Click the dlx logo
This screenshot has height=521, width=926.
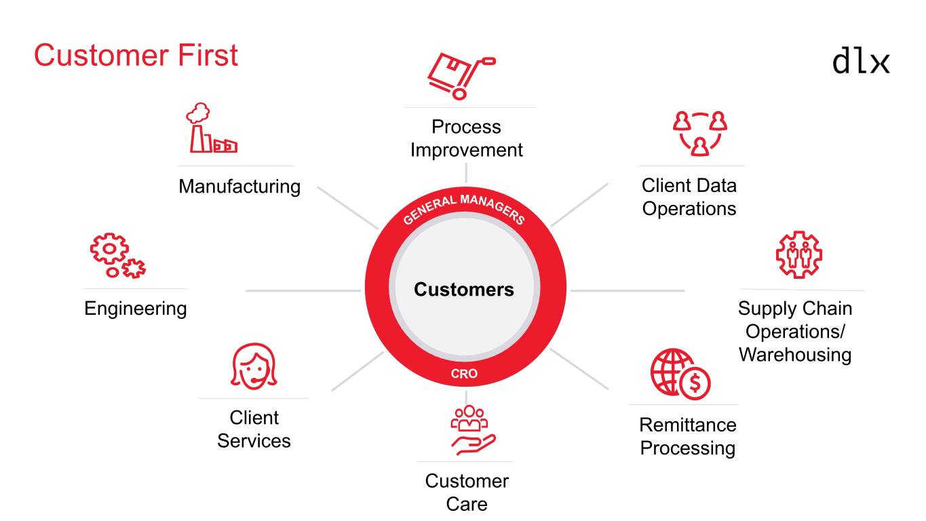click(x=860, y=60)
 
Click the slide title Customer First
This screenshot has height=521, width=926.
click(x=136, y=55)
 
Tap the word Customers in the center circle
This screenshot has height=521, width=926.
click(x=464, y=290)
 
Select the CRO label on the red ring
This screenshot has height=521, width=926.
click(x=464, y=374)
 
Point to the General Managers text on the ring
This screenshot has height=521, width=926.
click(x=464, y=208)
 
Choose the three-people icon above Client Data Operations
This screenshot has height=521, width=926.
click(x=699, y=133)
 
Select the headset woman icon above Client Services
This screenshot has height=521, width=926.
click(x=254, y=366)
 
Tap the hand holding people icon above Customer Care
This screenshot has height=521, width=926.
click(x=471, y=430)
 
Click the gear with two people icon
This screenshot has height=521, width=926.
click(x=798, y=254)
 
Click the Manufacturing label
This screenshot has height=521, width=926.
click(x=239, y=186)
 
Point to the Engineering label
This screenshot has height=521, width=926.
click(x=135, y=309)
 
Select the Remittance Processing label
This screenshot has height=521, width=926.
click(x=687, y=436)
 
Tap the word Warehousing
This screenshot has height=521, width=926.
click(x=794, y=354)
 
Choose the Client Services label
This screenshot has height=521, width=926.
click(x=254, y=429)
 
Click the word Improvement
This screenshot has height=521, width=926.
click(x=466, y=150)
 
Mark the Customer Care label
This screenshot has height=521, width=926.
click(x=467, y=492)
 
